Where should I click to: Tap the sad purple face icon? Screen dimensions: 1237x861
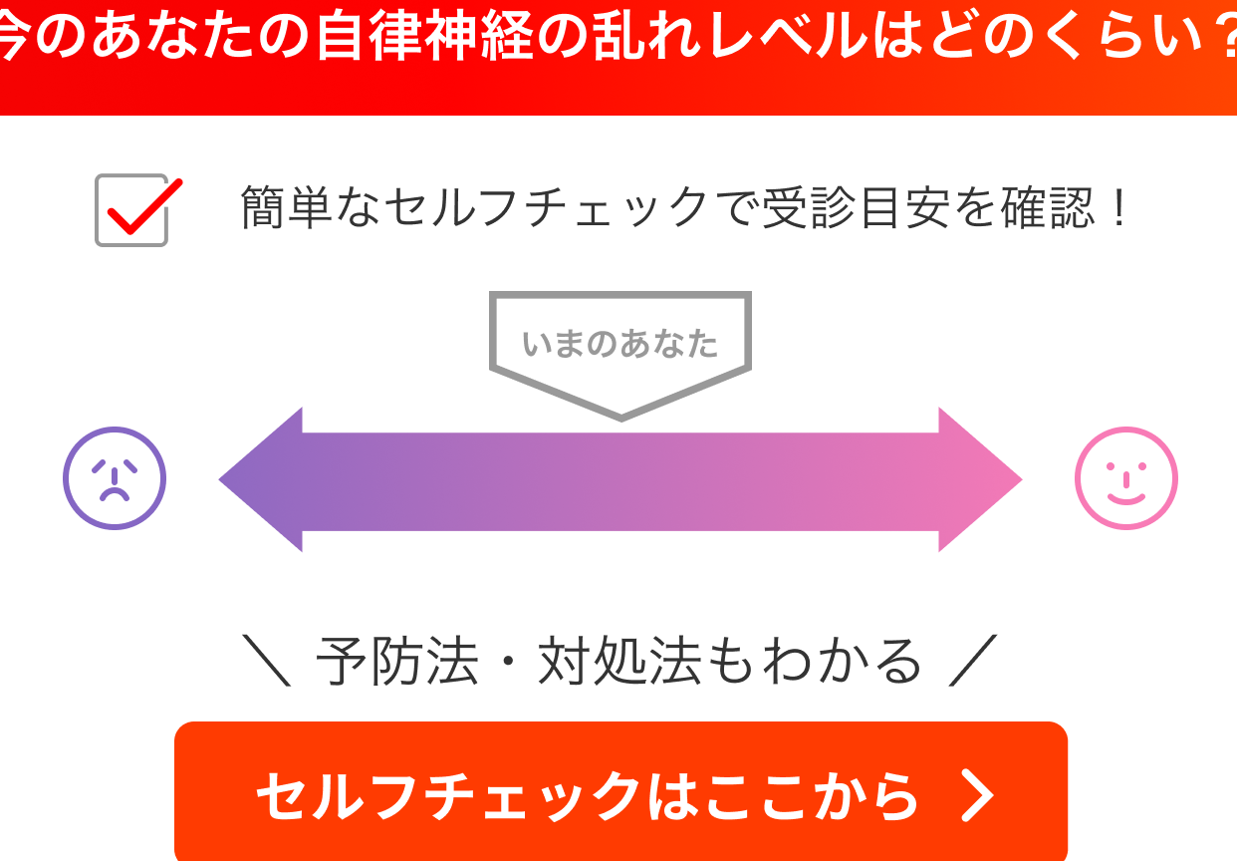(115, 478)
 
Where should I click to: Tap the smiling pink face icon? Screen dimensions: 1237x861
(1126, 478)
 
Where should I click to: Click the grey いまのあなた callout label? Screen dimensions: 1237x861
(620, 344)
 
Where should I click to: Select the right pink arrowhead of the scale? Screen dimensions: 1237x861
(980, 479)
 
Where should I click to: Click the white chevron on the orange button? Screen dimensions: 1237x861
(977, 796)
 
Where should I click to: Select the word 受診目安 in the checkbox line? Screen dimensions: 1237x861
(856, 207)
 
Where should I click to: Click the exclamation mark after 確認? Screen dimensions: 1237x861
(1119, 207)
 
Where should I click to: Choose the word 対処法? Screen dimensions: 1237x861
(619, 661)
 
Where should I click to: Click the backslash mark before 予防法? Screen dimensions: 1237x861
(267, 661)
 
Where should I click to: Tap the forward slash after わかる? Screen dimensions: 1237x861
(973, 661)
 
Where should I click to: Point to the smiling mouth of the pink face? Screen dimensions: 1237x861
(1126, 499)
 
